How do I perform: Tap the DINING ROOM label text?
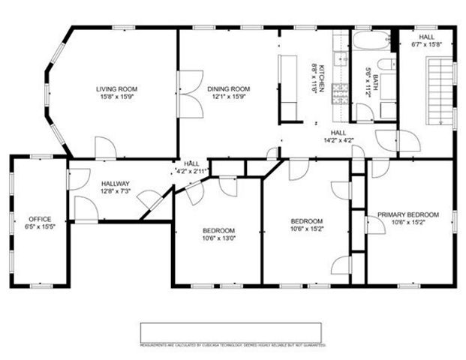coord(228,89)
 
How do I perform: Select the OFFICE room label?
coord(40,198)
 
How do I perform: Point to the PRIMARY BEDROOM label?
coord(407,214)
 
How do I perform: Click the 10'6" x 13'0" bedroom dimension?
coord(218,238)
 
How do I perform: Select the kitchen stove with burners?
coord(339,92)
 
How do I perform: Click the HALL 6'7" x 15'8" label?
coord(427,40)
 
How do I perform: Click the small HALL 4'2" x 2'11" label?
coord(192,166)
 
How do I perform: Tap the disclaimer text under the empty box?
coord(233,346)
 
